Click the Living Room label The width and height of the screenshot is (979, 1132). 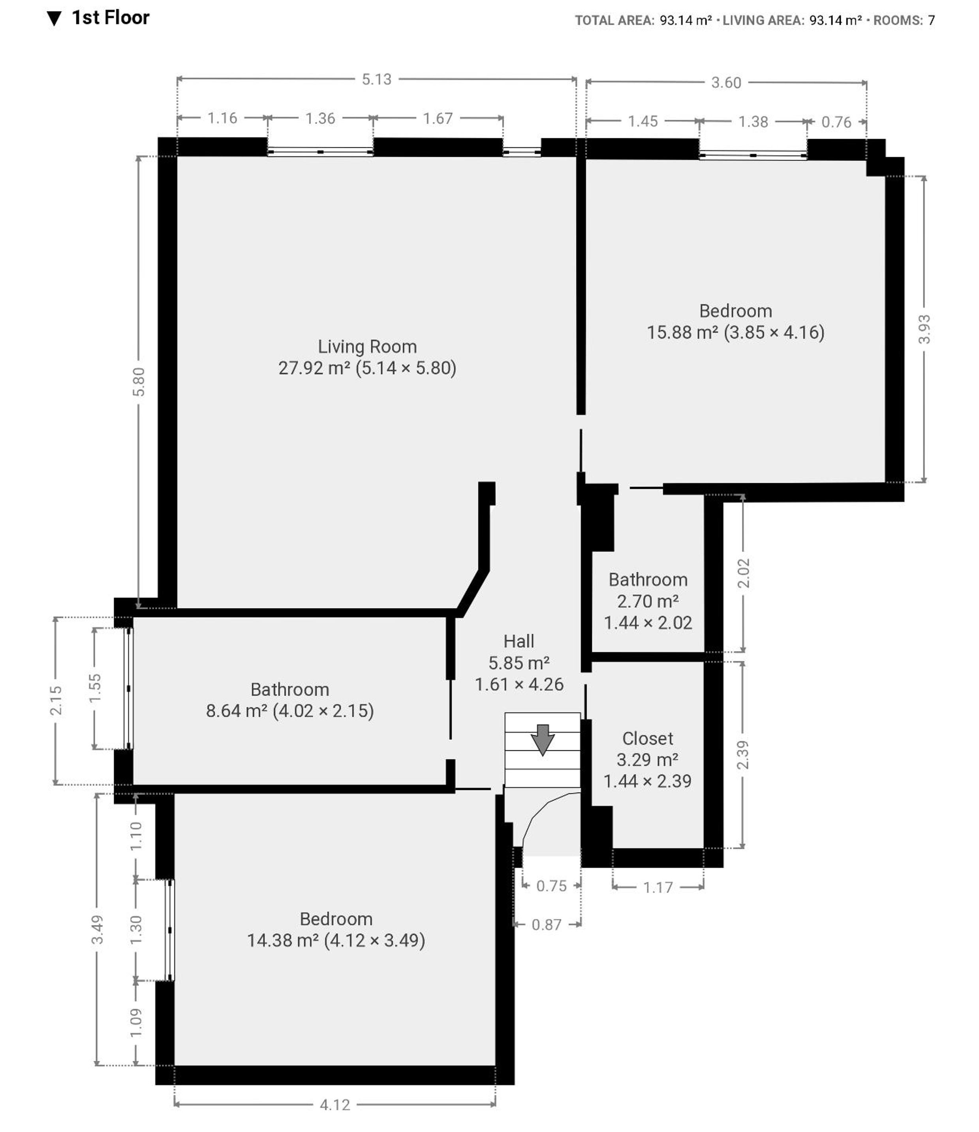tap(367, 347)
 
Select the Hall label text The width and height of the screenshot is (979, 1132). tap(519, 641)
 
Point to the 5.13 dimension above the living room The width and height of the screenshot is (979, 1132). tap(376, 79)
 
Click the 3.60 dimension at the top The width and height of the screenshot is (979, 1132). tap(726, 83)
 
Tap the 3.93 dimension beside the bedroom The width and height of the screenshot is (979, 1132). tap(924, 329)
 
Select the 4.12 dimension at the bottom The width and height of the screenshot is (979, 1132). tap(334, 1105)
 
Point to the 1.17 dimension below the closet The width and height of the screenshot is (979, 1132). tap(658, 887)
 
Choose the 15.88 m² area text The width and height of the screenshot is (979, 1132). tap(682, 332)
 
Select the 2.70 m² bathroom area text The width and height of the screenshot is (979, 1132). tap(648, 601)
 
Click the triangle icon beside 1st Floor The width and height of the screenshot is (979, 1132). tap(54, 19)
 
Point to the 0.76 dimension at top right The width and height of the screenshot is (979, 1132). tap(836, 122)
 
